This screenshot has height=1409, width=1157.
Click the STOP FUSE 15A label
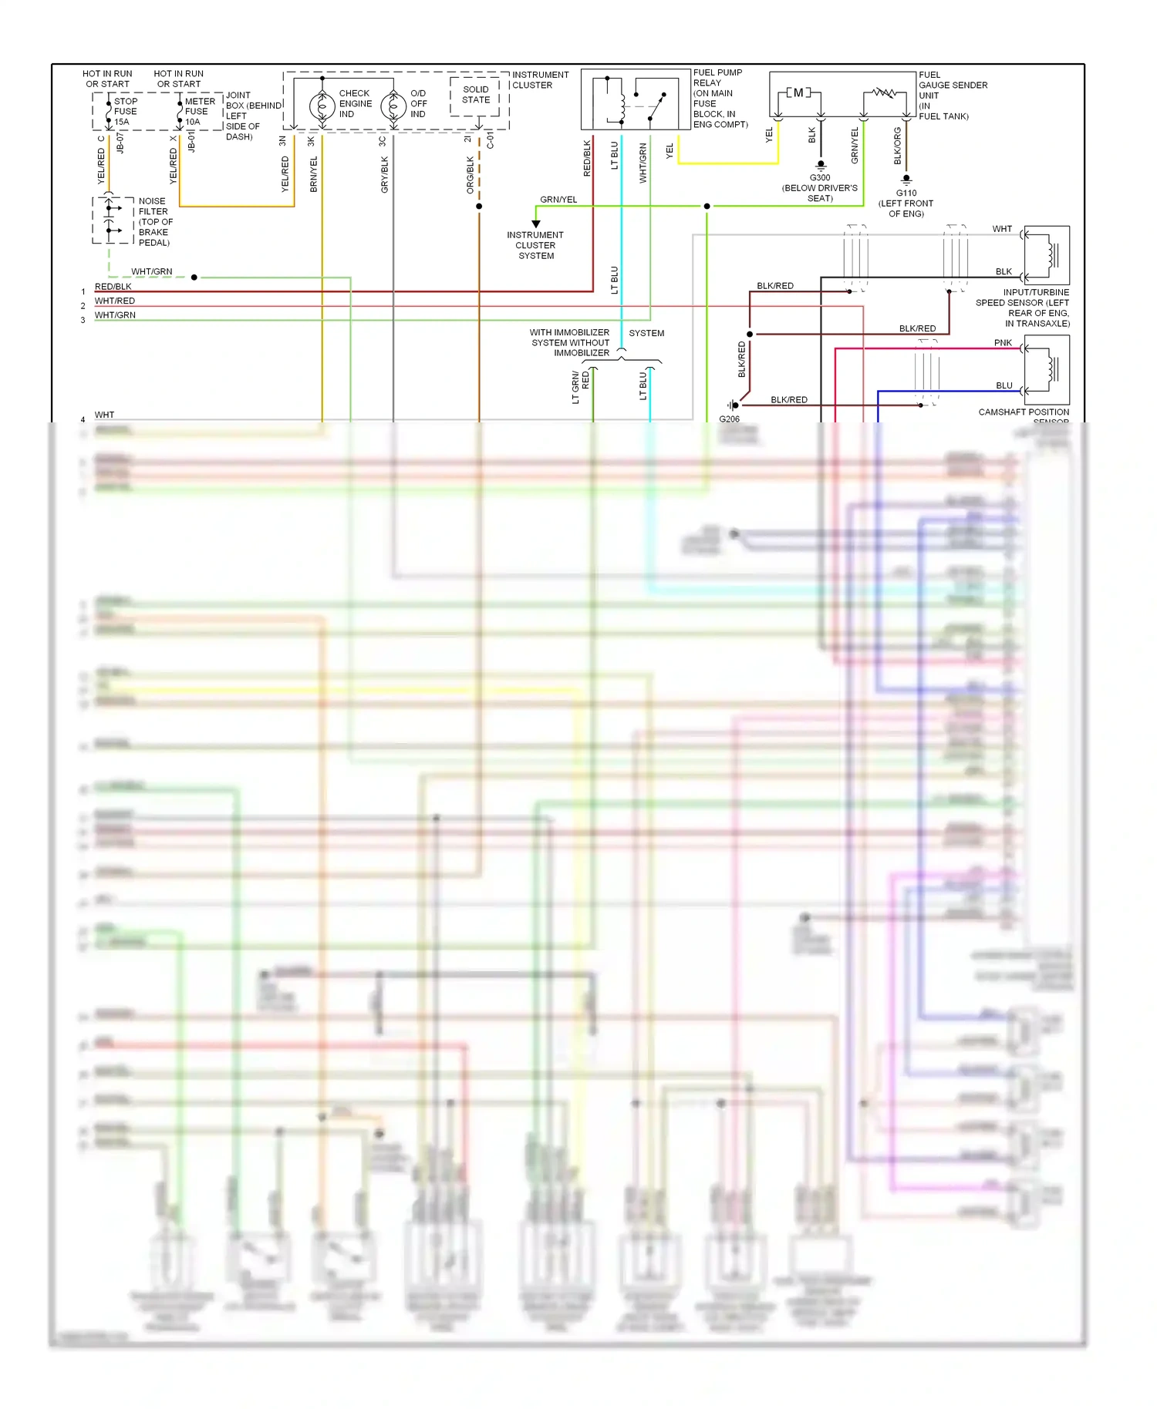tap(125, 111)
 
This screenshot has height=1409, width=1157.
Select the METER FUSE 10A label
tap(199, 111)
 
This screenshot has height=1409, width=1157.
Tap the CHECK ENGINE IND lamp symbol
tap(322, 106)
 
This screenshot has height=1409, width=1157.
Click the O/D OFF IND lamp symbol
tap(393, 106)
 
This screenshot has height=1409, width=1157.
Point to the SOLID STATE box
tap(476, 96)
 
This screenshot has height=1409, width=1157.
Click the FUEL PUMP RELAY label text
tap(717, 77)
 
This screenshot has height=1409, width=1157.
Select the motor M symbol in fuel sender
tap(798, 93)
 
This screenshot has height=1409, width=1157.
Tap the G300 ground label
tap(820, 178)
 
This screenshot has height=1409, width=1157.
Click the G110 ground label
tap(906, 193)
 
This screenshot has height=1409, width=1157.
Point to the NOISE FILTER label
tap(153, 207)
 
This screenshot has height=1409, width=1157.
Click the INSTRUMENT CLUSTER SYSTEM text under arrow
tap(535, 245)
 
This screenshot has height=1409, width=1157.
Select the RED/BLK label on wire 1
tap(113, 287)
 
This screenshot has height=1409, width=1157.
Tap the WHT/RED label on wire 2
tap(115, 301)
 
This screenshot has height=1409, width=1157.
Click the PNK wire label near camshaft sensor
tap(1003, 343)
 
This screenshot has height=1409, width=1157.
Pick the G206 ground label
tap(729, 419)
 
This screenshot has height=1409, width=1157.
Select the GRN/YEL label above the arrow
tap(558, 200)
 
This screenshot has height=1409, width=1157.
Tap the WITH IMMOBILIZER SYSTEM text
tap(569, 333)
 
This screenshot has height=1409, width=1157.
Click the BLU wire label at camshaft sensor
tap(1004, 385)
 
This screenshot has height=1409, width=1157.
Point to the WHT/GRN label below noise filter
tap(152, 272)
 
